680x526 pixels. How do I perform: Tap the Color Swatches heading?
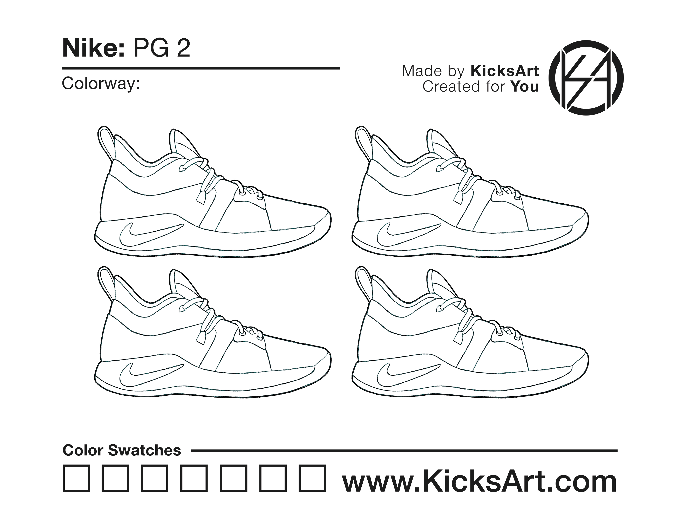pos(122,451)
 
